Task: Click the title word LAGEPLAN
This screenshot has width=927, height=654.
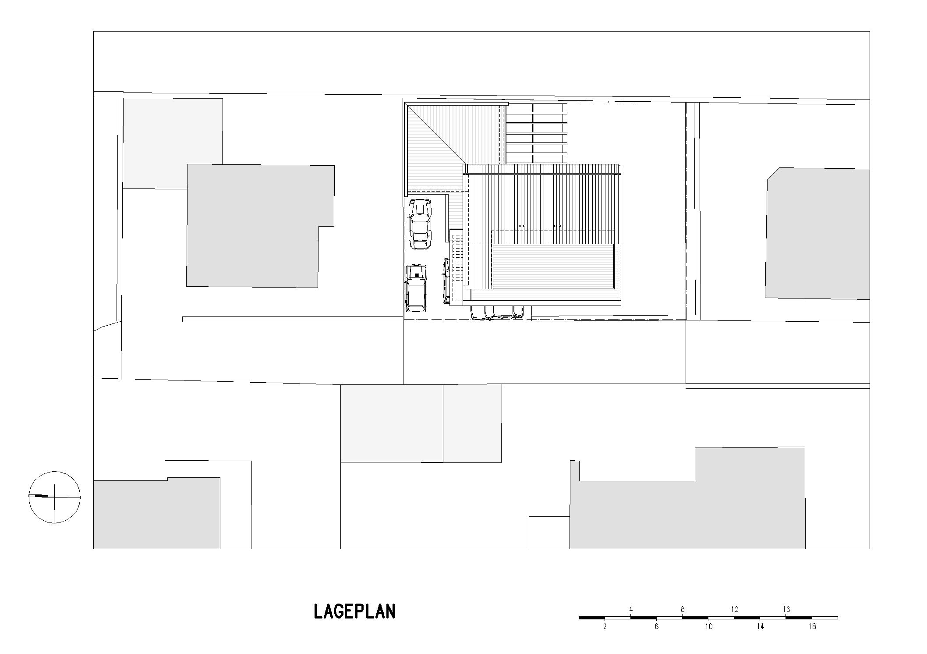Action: pyautogui.click(x=354, y=611)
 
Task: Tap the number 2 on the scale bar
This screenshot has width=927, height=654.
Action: pyautogui.click(x=605, y=627)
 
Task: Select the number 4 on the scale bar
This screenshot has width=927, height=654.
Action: pyautogui.click(x=630, y=609)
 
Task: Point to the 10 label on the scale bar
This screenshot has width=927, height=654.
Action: pyautogui.click(x=708, y=627)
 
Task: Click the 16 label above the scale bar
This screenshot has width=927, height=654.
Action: pyautogui.click(x=786, y=609)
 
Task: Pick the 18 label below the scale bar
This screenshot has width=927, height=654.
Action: pyautogui.click(x=812, y=627)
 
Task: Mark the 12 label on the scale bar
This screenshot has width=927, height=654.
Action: pyautogui.click(x=734, y=609)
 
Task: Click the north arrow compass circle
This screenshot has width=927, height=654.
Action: pyautogui.click(x=54, y=497)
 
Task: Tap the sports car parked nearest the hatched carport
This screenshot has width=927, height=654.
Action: pyautogui.click(x=420, y=224)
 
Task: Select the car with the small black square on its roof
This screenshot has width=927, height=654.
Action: pyautogui.click(x=416, y=288)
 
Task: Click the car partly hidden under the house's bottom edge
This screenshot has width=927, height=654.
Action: pyautogui.click(x=497, y=313)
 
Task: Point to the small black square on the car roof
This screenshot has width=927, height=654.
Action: pyautogui.click(x=417, y=275)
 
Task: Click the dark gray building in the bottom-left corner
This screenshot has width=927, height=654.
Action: pyautogui.click(x=156, y=514)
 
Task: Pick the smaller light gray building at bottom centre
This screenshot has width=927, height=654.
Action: pyautogui.click(x=472, y=423)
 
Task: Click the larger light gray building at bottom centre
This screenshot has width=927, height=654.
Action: pyautogui.click(x=392, y=423)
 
